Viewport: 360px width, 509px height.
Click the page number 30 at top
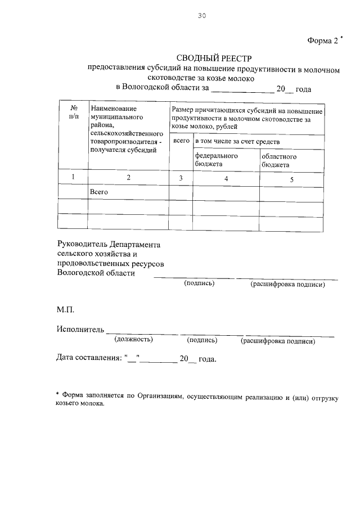[x=202, y=16]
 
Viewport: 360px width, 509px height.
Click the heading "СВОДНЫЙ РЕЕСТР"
[x=215, y=58]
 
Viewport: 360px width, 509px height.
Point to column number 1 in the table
[x=73, y=178]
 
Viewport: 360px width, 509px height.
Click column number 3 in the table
[x=181, y=178]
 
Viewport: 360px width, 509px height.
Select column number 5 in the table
[x=291, y=179]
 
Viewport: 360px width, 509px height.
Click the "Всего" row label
[x=99, y=192]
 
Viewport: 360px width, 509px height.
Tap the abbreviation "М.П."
[x=65, y=310]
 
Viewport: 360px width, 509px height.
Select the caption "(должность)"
[x=133, y=340]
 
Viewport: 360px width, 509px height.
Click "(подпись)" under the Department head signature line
[x=199, y=283]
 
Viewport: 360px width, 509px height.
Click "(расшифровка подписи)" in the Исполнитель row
[x=277, y=340]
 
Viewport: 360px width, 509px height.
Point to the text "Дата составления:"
[x=89, y=358]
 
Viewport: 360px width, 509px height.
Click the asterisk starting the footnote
[x=58, y=396]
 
